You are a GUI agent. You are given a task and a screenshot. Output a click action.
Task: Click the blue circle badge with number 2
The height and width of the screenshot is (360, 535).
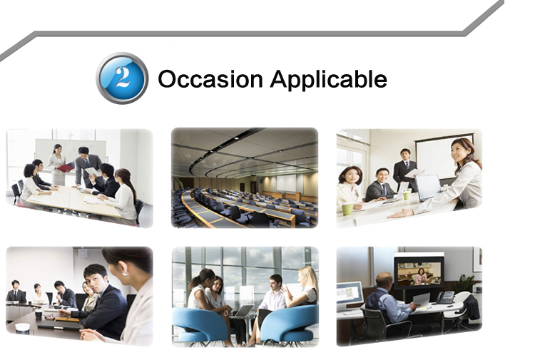tap(122, 78)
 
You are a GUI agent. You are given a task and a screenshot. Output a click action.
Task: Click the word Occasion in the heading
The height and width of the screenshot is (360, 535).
tap(210, 79)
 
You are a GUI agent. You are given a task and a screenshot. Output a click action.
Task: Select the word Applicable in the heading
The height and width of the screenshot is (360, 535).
tap(329, 80)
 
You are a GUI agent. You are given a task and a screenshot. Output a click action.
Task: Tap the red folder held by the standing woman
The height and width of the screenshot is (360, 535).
tap(65, 168)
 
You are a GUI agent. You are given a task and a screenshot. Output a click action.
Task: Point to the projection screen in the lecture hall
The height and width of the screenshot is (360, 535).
tap(286, 183)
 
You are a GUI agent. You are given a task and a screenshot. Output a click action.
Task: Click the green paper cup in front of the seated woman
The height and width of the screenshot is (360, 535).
tap(347, 209)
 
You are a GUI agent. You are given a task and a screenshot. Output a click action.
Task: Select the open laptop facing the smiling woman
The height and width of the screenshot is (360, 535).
tap(427, 187)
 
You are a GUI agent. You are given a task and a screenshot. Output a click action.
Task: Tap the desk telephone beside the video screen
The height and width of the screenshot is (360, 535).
tap(446, 297)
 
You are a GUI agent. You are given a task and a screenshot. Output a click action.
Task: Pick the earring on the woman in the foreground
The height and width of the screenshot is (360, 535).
tap(125, 273)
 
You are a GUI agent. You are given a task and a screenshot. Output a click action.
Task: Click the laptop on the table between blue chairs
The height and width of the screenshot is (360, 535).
tap(243, 312)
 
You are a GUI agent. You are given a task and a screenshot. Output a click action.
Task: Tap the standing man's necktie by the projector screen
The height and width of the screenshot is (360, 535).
tap(407, 165)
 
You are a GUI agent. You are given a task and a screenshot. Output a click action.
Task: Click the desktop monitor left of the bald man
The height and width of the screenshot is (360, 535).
tap(350, 294)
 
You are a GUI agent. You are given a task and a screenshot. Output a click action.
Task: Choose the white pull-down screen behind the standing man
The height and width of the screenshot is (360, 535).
tap(444, 156)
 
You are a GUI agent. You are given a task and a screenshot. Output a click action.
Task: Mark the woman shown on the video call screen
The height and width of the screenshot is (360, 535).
tap(421, 277)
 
